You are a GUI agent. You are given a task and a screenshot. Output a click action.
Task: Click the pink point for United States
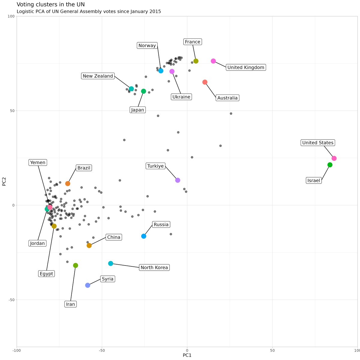(x=334, y=158)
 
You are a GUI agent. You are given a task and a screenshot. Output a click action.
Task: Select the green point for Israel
(x=330, y=165)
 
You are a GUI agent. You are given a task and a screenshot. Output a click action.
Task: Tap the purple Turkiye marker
(x=178, y=180)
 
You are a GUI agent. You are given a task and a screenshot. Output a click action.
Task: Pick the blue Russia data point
(x=144, y=236)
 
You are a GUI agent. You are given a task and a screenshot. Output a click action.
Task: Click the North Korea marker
(x=111, y=263)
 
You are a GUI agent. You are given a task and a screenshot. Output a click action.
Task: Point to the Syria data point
(x=88, y=285)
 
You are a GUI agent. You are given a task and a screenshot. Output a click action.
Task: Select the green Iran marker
(x=76, y=265)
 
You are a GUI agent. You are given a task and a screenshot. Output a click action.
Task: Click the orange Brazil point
(x=68, y=184)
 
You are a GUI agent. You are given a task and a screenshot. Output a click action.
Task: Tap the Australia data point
(x=205, y=82)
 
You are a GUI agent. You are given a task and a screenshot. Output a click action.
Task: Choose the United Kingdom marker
(x=213, y=61)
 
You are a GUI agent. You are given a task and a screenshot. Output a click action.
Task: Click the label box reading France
(x=193, y=42)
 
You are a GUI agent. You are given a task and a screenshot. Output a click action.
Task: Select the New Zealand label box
(x=98, y=76)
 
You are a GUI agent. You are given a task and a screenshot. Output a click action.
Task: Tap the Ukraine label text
(x=181, y=97)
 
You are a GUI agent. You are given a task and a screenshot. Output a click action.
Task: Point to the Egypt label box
(x=46, y=274)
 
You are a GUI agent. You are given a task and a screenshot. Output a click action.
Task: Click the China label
(x=114, y=237)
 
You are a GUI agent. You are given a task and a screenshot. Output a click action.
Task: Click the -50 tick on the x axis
(x=102, y=350)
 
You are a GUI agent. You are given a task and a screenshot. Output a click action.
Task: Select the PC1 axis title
(x=187, y=355)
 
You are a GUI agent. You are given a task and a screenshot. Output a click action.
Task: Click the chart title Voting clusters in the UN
(x=51, y=4)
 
